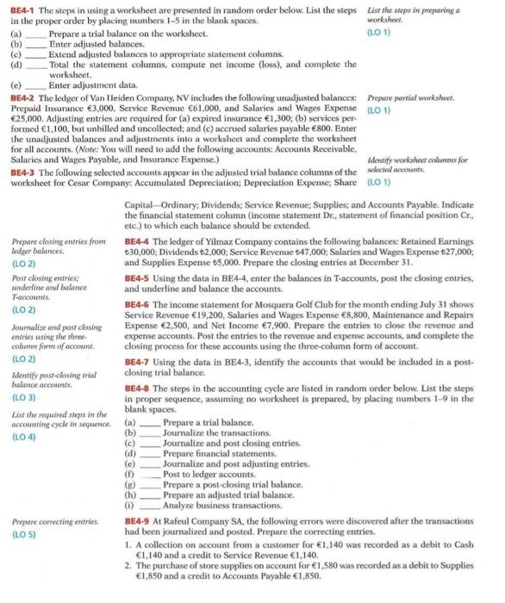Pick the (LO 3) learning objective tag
22,397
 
